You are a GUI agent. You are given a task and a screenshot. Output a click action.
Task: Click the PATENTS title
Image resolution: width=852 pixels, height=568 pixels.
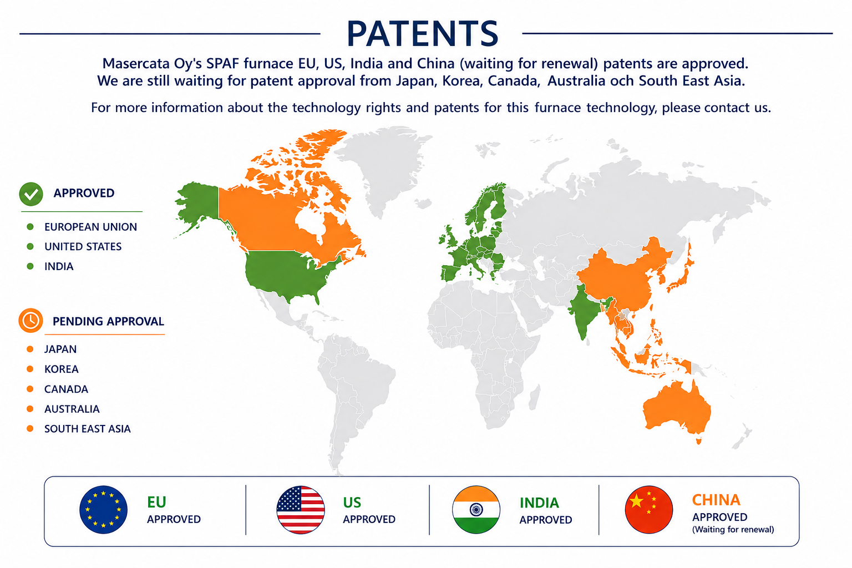click(x=422, y=33)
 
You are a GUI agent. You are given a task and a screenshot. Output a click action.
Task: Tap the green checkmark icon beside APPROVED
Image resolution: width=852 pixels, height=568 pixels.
click(x=31, y=194)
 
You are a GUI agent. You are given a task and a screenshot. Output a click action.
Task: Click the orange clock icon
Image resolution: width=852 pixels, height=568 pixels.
click(x=31, y=321)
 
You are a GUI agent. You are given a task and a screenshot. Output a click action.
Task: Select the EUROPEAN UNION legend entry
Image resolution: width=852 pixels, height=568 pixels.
click(x=90, y=227)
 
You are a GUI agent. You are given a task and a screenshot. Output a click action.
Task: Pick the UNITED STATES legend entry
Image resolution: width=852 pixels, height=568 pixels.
click(x=83, y=246)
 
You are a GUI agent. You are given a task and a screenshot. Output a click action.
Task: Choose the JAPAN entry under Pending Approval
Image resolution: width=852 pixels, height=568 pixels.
click(x=60, y=349)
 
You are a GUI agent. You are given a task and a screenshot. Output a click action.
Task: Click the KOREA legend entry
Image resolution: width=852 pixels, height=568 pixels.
click(x=61, y=369)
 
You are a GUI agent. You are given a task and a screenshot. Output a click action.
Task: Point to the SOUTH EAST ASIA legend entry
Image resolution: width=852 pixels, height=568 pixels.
click(x=88, y=429)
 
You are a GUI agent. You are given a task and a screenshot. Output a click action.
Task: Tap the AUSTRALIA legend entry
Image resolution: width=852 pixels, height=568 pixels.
click(x=72, y=409)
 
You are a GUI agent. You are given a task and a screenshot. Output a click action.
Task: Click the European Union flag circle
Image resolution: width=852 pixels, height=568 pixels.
click(x=104, y=509)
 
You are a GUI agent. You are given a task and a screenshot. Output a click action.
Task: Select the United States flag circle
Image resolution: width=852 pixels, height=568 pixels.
click(x=301, y=510)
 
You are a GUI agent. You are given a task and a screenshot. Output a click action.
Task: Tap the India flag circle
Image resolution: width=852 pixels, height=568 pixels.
click(x=476, y=510)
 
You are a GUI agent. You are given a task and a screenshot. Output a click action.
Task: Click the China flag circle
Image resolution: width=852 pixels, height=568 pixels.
click(x=649, y=510)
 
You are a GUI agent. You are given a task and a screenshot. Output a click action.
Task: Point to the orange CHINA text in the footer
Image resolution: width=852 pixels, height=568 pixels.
click(x=716, y=500)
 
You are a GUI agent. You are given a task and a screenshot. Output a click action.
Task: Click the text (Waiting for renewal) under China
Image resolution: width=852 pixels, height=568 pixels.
click(x=733, y=530)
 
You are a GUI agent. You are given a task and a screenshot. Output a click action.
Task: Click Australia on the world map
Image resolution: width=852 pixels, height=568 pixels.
click(x=677, y=409)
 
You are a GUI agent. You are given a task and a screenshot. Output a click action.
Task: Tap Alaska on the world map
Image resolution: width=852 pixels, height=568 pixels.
click(x=198, y=203)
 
